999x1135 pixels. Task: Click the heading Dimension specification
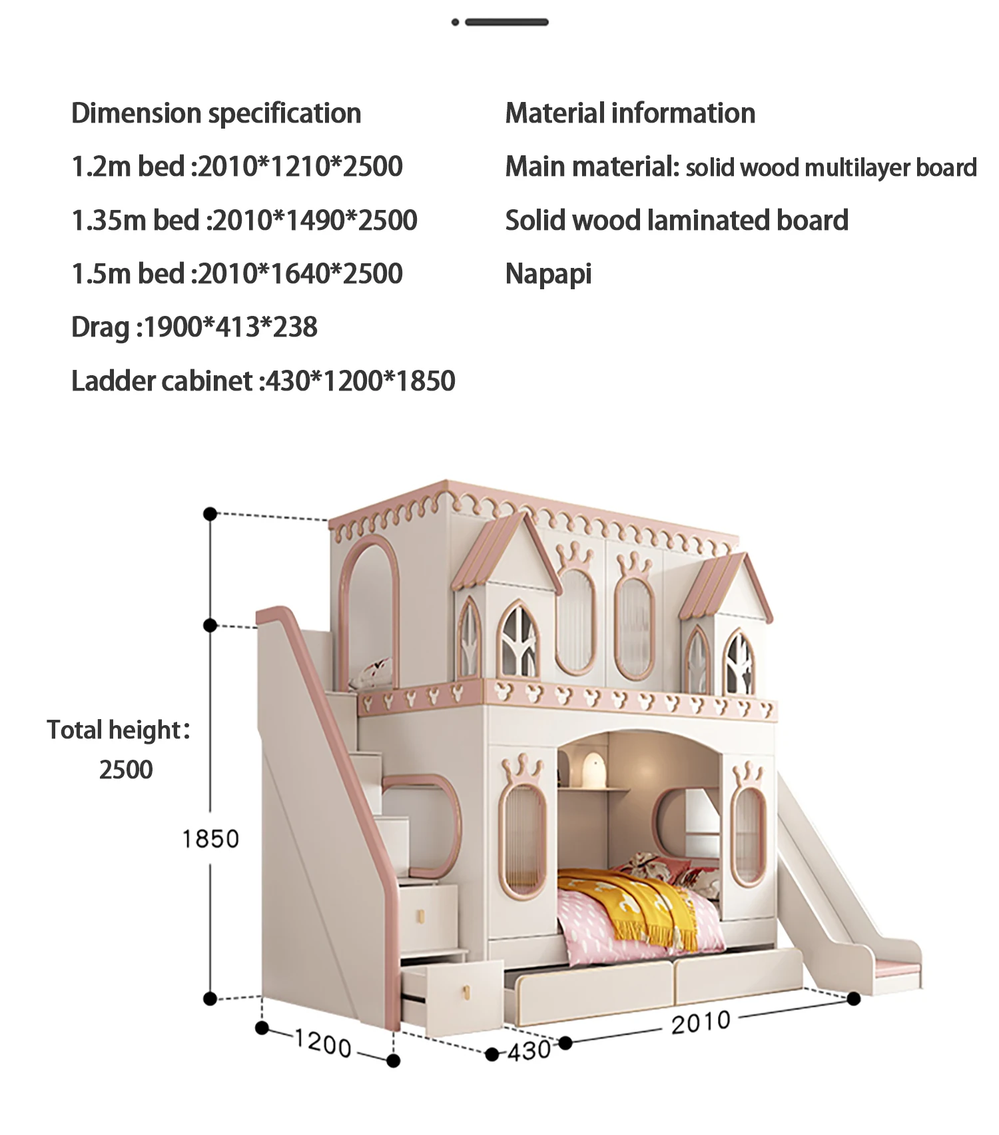(216, 113)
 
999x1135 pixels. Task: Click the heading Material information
(630, 113)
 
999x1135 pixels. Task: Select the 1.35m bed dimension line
(244, 221)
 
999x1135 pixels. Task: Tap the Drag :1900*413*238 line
(194, 327)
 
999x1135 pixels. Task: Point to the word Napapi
(548, 274)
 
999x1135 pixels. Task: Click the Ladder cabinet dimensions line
(263, 381)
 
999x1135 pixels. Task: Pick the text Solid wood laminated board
(677, 221)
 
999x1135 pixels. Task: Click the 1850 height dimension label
(210, 839)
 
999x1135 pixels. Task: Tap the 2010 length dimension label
(701, 1022)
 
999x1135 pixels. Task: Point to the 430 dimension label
(529, 1051)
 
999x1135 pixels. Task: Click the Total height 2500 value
(126, 770)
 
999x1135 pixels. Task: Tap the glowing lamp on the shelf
(593, 768)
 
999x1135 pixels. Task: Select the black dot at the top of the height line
(210, 514)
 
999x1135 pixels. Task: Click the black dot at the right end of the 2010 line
(854, 998)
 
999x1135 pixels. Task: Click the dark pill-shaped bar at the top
(506, 22)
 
